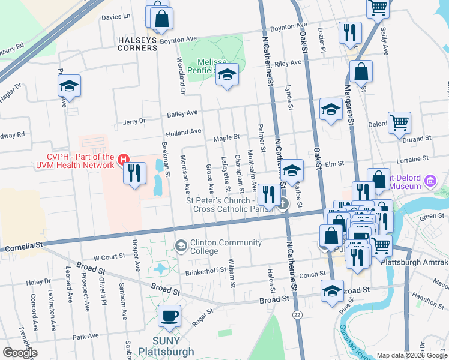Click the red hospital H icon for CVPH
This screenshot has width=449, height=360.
coord(124,159)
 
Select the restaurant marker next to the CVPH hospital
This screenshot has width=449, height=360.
coord(135,173)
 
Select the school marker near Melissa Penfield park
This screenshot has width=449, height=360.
coord(227,74)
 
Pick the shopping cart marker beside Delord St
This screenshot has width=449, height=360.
coord(399,122)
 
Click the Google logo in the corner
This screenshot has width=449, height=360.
coord(19,353)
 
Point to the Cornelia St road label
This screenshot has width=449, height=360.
coord(24,247)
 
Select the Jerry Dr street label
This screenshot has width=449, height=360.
coord(134,121)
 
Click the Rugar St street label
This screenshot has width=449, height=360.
coord(202,316)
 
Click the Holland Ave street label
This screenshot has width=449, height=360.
coord(184,131)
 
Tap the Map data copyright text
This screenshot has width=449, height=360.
coord(412,355)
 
